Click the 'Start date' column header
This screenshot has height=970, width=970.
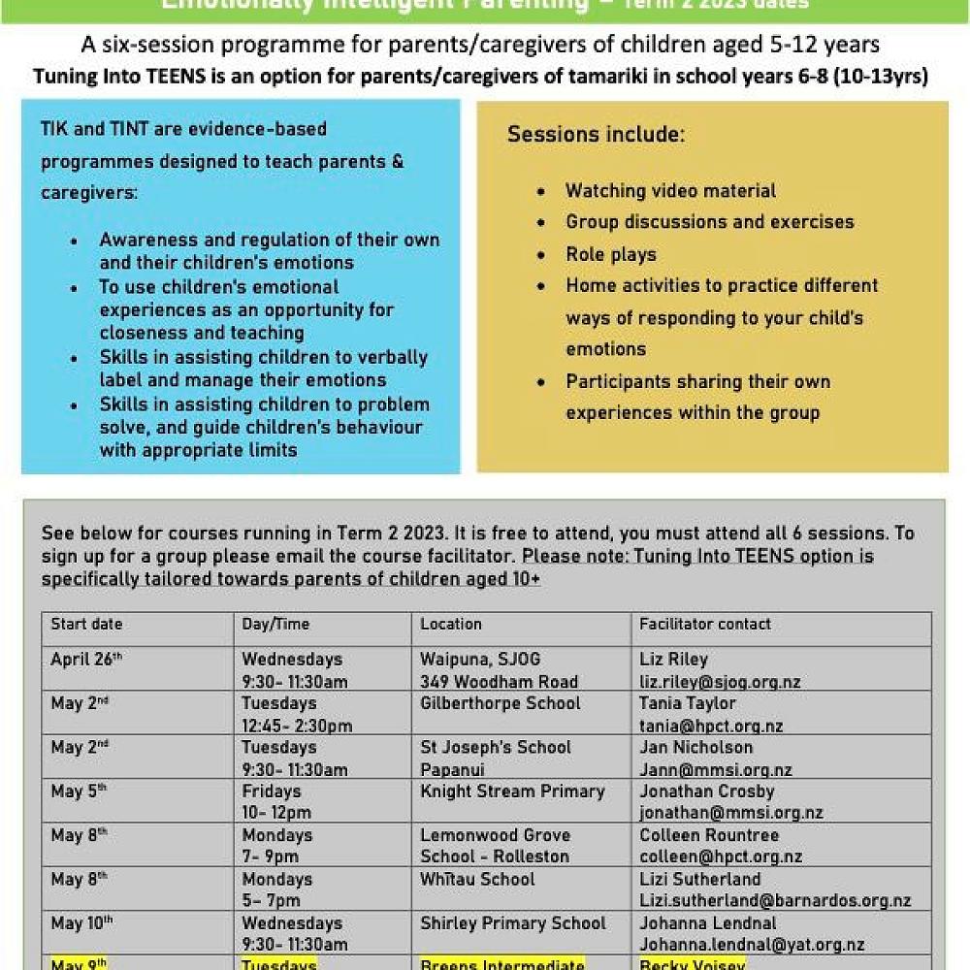click(86, 625)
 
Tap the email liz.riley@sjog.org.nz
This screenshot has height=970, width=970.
click(720, 682)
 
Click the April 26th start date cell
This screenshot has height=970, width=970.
click(86, 660)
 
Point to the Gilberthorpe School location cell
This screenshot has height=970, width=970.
click(501, 703)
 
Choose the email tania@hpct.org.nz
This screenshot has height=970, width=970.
click(711, 726)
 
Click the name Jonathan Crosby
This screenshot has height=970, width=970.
click(707, 792)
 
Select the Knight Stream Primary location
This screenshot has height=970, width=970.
click(512, 792)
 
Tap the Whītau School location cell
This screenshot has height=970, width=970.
click(477, 880)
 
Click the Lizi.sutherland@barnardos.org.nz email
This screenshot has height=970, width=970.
click(775, 901)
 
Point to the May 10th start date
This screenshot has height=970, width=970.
click(81, 923)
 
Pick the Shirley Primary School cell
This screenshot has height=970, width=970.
click(513, 923)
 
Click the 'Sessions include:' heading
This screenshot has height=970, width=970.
click(596, 134)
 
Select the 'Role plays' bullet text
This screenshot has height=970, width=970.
click(611, 254)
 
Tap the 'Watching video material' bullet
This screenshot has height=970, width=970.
click(671, 191)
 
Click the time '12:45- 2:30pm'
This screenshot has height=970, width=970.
click(297, 726)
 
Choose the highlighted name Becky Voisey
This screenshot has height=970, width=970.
click(692, 964)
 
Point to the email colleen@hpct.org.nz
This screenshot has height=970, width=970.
click(721, 857)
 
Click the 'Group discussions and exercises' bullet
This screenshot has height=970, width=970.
click(710, 222)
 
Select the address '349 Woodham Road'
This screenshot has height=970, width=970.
click(499, 682)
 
